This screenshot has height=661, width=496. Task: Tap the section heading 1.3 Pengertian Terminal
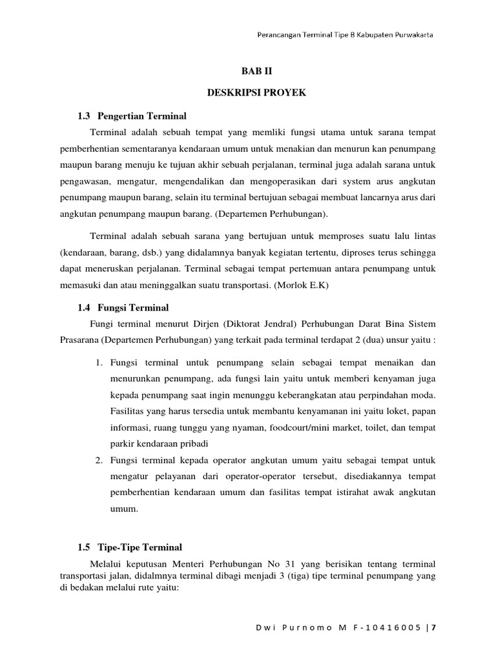(132, 116)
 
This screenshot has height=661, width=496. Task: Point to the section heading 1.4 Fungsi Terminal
(123, 307)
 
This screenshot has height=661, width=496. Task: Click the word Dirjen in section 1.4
(194, 323)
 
